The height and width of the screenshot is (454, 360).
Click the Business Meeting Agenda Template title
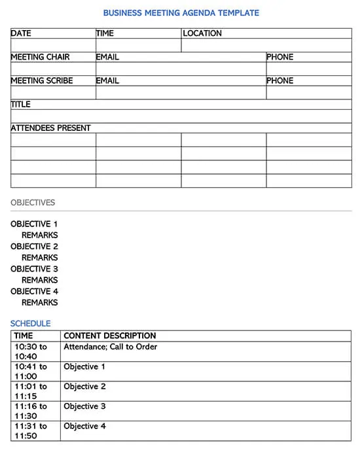(x=181, y=12)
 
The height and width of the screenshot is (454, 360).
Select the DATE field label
(x=21, y=33)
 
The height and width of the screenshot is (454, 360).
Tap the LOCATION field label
(x=202, y=33)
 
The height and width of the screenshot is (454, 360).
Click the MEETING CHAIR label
(x=40, y=57)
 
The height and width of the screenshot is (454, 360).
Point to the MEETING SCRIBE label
(x=42, y=80)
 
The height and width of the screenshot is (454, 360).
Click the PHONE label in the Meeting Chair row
(x=279, y=57)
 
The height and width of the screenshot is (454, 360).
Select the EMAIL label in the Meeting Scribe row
(x=107, y=80)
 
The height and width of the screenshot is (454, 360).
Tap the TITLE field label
(x=21, y=104)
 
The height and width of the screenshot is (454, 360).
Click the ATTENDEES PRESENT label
(x=50, y=128)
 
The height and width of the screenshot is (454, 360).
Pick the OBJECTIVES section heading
(x=33, y=203)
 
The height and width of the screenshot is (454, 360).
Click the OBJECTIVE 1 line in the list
(x=34, y=224)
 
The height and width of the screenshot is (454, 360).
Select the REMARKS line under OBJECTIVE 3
(x=39, y=280)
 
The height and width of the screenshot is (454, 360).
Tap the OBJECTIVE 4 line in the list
(x=34, y=291)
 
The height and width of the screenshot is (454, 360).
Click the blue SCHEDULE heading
(x=30, y=323)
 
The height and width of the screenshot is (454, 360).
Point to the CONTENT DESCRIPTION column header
(x=109, y=336)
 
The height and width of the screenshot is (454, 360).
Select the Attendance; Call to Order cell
(x=110, y=347)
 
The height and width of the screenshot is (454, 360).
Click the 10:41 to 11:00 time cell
(x=30, y=372)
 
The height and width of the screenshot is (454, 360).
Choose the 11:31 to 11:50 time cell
(x=30, y=430)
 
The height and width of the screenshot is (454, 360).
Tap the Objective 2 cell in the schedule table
(x=84, y=387)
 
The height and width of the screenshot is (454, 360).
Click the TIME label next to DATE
(x=105, y=33)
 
